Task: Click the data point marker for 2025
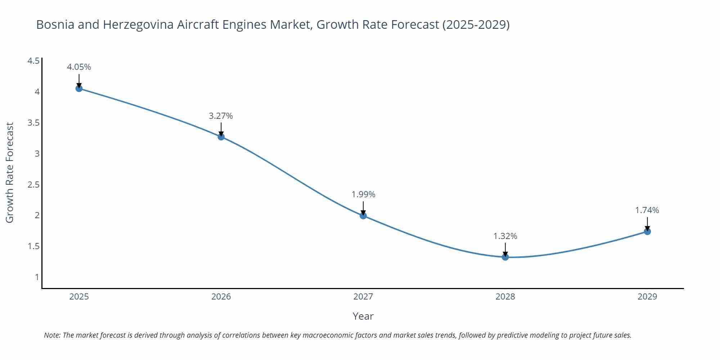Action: pyautogui.click(x=79, y=89)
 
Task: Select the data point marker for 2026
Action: pyautogui.click(x=221, y=137)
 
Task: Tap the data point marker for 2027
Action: pyautogui.click(x=363, y=216)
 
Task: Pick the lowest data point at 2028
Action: pyautogui.click(x=505, y=257)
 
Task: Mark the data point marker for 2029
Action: pyautogui.click(x=647, y=231)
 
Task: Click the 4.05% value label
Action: pyautogui.click(x=79, y=67)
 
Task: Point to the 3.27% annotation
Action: pyautogui.click(x=221, y=116)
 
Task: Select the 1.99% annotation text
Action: pyautogui.click(x=363, y=194)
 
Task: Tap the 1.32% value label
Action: pyautogui.click(x=505, y=236)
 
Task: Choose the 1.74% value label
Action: pyautogui.click(x=647, y=210)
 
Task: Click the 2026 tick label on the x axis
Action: pyautogui.click(x=221, y=297)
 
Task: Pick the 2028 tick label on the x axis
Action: pyautogui.click(x=505, y=297)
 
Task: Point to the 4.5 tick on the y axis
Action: pyautogui.click(x=33, y=61)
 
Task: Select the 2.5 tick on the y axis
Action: pyautogui.click(x=33, y=185)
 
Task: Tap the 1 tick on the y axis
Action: pyautogui.click(x=37, y=277)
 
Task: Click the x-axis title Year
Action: pyautogui.click(x=363, y=316)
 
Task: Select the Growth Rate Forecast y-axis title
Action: pyautogui.click(x=10, y=173)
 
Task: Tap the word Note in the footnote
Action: pyautogui.click(x=52, y=335)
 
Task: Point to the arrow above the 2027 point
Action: pyautogui.click(x=363, y=208)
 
